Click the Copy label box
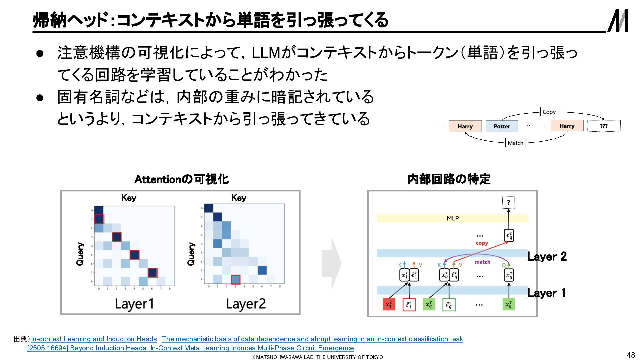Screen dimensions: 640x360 coord(549,112)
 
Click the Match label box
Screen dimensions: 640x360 coord(515,143)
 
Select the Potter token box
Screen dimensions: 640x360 coord(502,126)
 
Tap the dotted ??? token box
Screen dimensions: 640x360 coord(604,126)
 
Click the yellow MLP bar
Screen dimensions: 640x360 coord(452,218)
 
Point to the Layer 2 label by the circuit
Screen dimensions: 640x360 coord(547,256)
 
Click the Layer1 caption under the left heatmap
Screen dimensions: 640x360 coord(134,304)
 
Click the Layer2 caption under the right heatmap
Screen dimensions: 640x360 coord(246,304)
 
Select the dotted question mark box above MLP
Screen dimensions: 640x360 coord(508,202)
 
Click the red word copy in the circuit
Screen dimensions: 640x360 coord(482,243)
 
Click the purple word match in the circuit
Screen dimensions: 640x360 coord(482,262)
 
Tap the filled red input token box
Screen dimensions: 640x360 coord(389,304)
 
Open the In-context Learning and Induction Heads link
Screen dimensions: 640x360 coord(94,339)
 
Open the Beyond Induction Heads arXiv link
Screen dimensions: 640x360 coord(190,348)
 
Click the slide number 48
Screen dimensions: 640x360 coord(631,355)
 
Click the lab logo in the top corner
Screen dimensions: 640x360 coord(618,21)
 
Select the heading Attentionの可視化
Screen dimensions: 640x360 coord(181,179)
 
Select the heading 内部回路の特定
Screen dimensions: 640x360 coord(449,179)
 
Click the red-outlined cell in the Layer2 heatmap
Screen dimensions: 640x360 coord(236,279)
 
